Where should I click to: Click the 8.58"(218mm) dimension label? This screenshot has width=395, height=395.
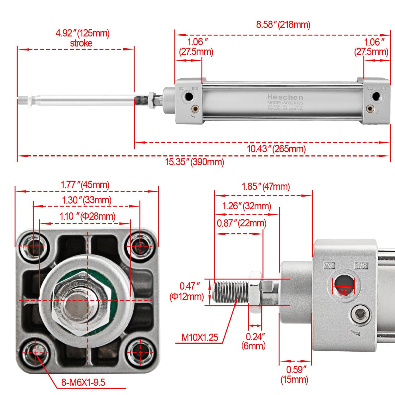[x=283, y=25]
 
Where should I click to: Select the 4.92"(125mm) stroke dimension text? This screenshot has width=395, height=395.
[x=82, y=38]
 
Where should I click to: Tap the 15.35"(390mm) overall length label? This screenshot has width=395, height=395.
[x=194, y=162]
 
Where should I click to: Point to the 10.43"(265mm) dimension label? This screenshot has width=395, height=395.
[x=276, y=149]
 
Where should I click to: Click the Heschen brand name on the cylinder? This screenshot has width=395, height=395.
[x=285, y=97]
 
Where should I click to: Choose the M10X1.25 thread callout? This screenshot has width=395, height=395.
[x=200, y=337]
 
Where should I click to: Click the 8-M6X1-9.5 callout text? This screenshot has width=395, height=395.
[x=83, y=382]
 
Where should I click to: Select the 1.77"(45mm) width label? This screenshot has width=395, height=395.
[x=85, y=184]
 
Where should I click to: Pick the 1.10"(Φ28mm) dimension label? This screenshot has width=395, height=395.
[x=87, y=216]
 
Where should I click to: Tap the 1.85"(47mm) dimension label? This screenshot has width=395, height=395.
[x=265, y=187]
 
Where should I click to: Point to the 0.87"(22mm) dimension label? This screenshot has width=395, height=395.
[x=241, y=223]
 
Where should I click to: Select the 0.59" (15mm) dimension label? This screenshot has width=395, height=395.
[x=294, y=374]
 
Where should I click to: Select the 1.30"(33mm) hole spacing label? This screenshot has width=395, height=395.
[x=87, y=200]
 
